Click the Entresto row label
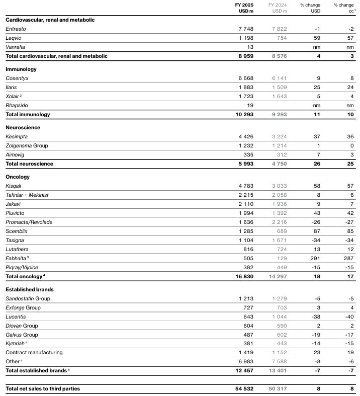coord(16,29)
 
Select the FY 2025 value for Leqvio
coord(244,38)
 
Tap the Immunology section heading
coord(21,69)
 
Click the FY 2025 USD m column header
coord(244,8)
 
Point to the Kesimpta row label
coord(17,136)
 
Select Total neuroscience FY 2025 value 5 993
coord(243,164)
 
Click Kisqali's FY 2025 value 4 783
coord(244,186)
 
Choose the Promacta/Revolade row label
coord(29,222)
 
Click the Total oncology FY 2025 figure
coord(242,276)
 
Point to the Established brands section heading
coord(30,289)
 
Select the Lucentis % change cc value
coord(348,316)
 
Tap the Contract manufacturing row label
coord(34,353)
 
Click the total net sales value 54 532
coord(242,388)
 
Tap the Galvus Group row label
coord(23,335)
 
